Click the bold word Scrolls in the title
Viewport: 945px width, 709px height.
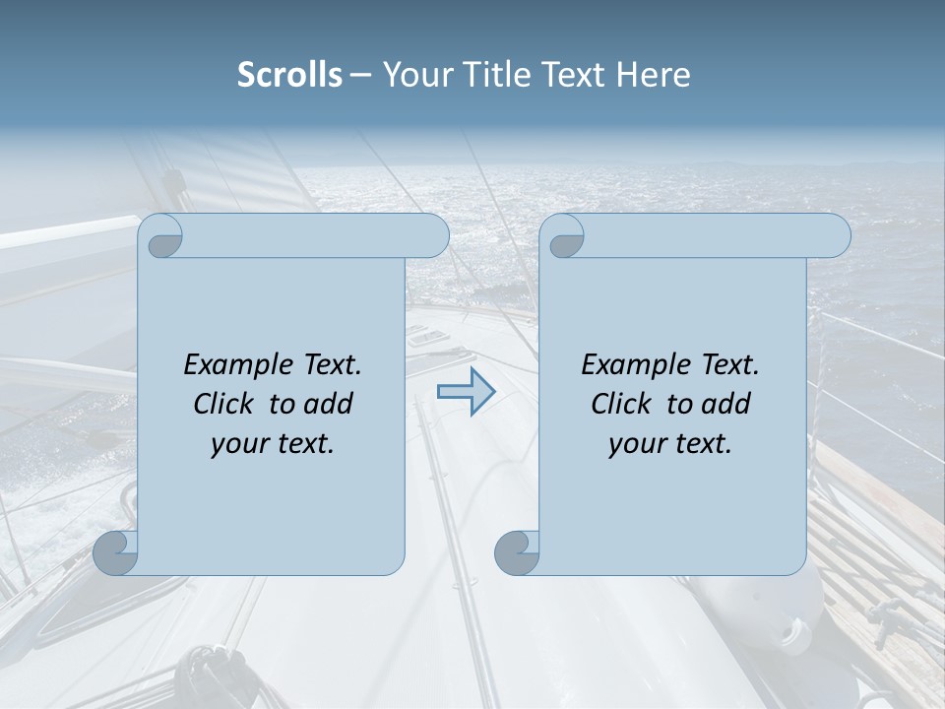[289, 75]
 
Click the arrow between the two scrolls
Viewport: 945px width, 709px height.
[466, 392]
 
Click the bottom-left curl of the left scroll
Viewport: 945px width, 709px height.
[116, 552]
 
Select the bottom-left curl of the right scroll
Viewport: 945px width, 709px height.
[518, 552]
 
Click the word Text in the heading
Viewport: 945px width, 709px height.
[576, 75]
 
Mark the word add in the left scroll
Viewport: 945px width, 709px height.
[328, 404]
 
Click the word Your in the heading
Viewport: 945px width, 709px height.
[412, 75]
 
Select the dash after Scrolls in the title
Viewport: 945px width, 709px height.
[360, 75]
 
